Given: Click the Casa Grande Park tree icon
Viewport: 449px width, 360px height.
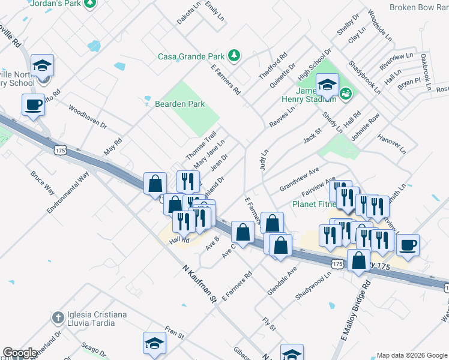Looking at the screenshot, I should [x=234, y=56].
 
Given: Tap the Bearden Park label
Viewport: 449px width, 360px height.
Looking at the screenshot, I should [x=180, y=104].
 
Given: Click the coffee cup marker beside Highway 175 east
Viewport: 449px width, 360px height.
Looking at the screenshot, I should [x=408, y=245].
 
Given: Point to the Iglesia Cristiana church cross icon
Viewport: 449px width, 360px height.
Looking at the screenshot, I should [x=58, y=317].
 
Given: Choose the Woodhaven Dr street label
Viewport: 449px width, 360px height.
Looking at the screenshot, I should [x=87, y=118].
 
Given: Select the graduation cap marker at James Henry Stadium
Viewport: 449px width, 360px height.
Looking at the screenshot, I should [x=327, y=86].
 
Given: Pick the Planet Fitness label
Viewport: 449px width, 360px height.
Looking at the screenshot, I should [x=313, y=204].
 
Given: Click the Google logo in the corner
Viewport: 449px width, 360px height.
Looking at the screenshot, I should [x=20, y=353].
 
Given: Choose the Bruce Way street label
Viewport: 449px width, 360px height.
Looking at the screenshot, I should [x=43, y=184].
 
